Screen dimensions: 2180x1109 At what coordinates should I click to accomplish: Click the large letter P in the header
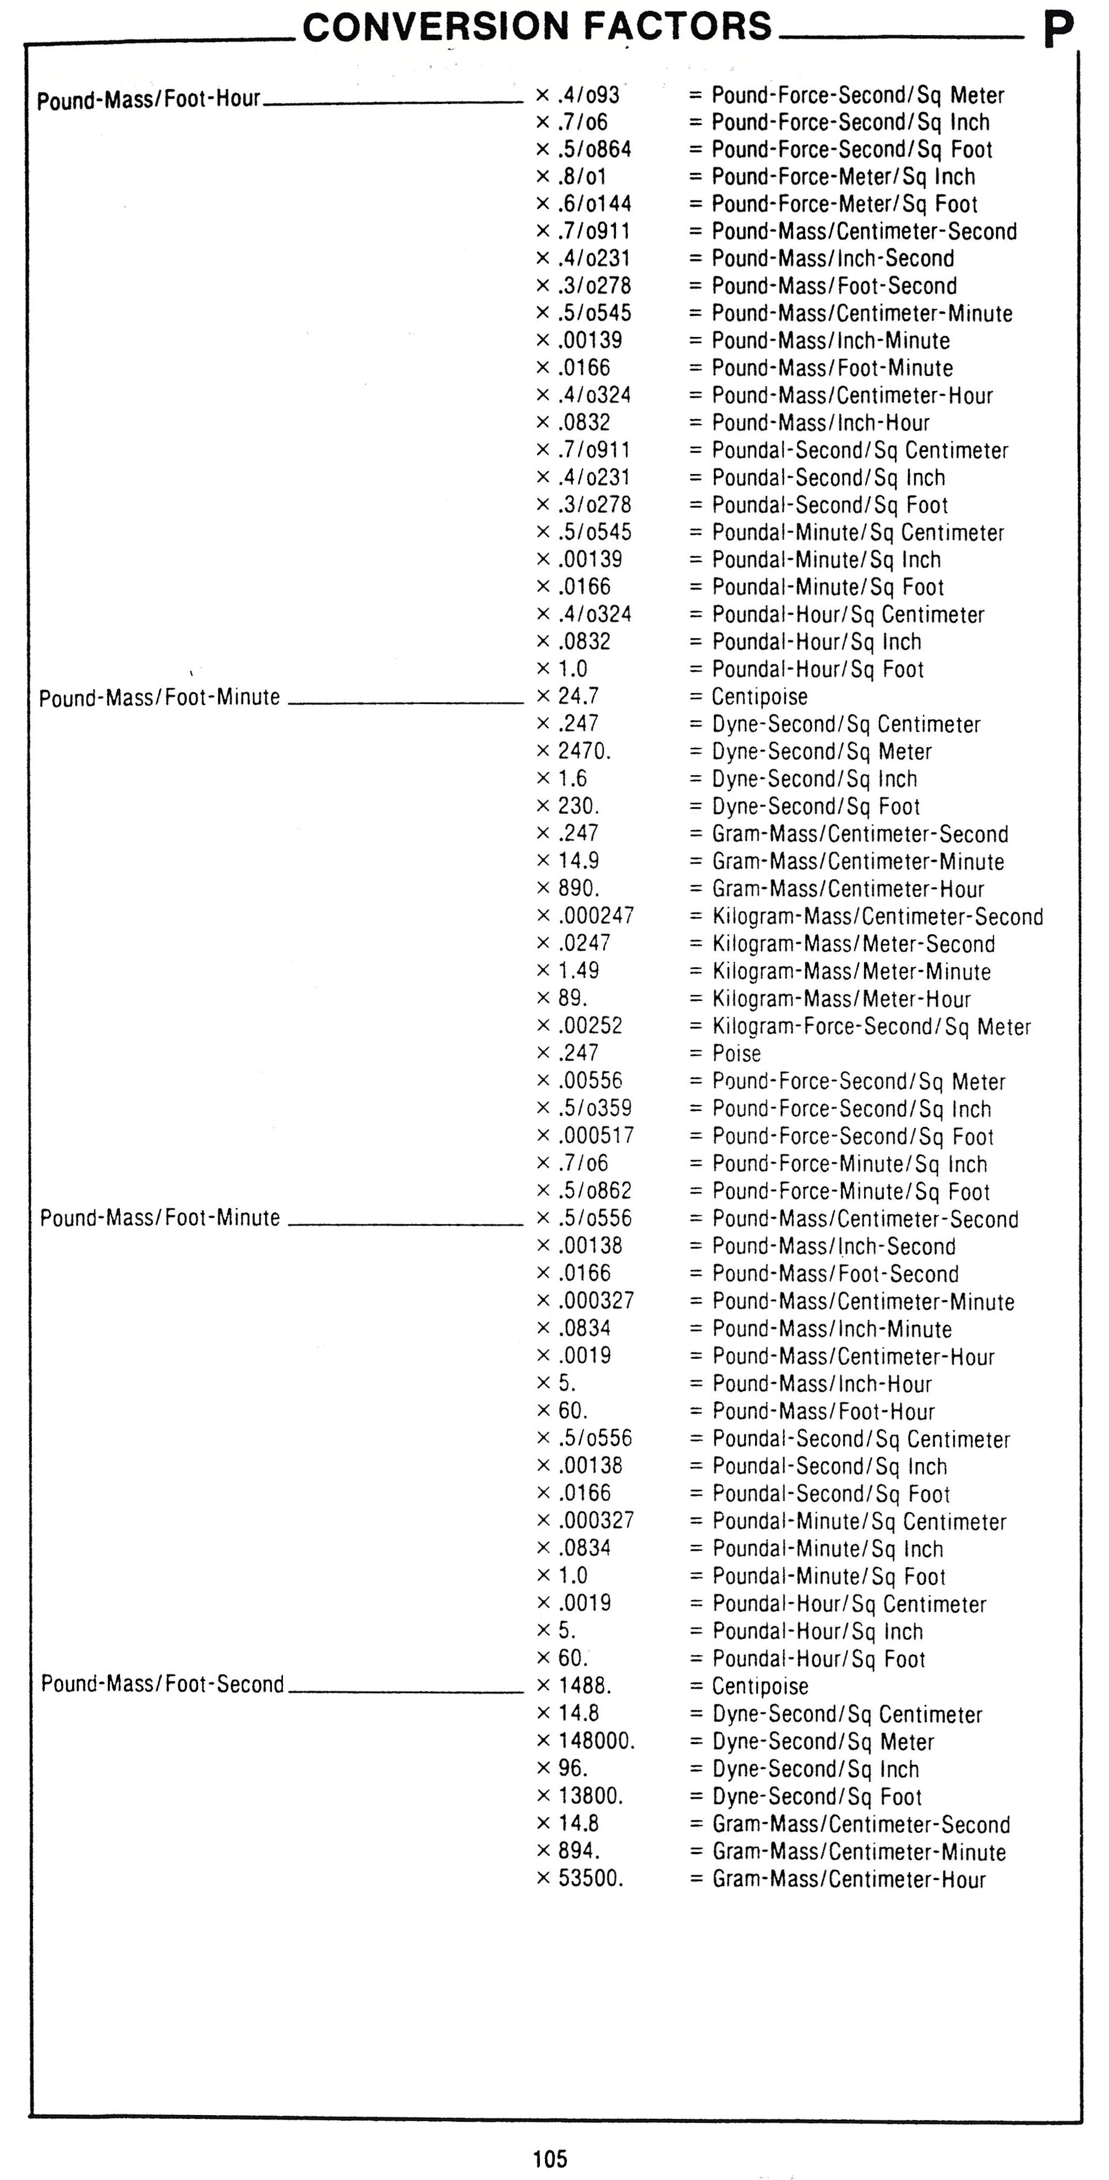point(1058,30)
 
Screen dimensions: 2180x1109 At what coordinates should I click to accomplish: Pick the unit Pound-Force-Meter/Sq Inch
point(843,177)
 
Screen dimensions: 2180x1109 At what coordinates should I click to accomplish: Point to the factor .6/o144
point(594,204)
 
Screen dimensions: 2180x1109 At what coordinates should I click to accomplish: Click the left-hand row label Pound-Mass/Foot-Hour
point(149,100)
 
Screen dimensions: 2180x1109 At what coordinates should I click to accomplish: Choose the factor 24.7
point(578,696)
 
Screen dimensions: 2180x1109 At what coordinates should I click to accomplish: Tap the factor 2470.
point(584,751)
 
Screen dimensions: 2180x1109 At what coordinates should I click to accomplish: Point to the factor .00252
point(589,1026)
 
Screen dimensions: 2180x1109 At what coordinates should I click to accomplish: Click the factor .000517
point(596,1136)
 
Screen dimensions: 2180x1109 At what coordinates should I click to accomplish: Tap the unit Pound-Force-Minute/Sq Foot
point(851,1191)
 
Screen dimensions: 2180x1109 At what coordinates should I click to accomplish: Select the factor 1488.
point(584,1685)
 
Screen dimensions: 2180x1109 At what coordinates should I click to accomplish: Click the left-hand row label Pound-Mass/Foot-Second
point(162,1684)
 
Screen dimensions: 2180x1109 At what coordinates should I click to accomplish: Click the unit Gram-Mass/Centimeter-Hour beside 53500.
point(849,1879)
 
